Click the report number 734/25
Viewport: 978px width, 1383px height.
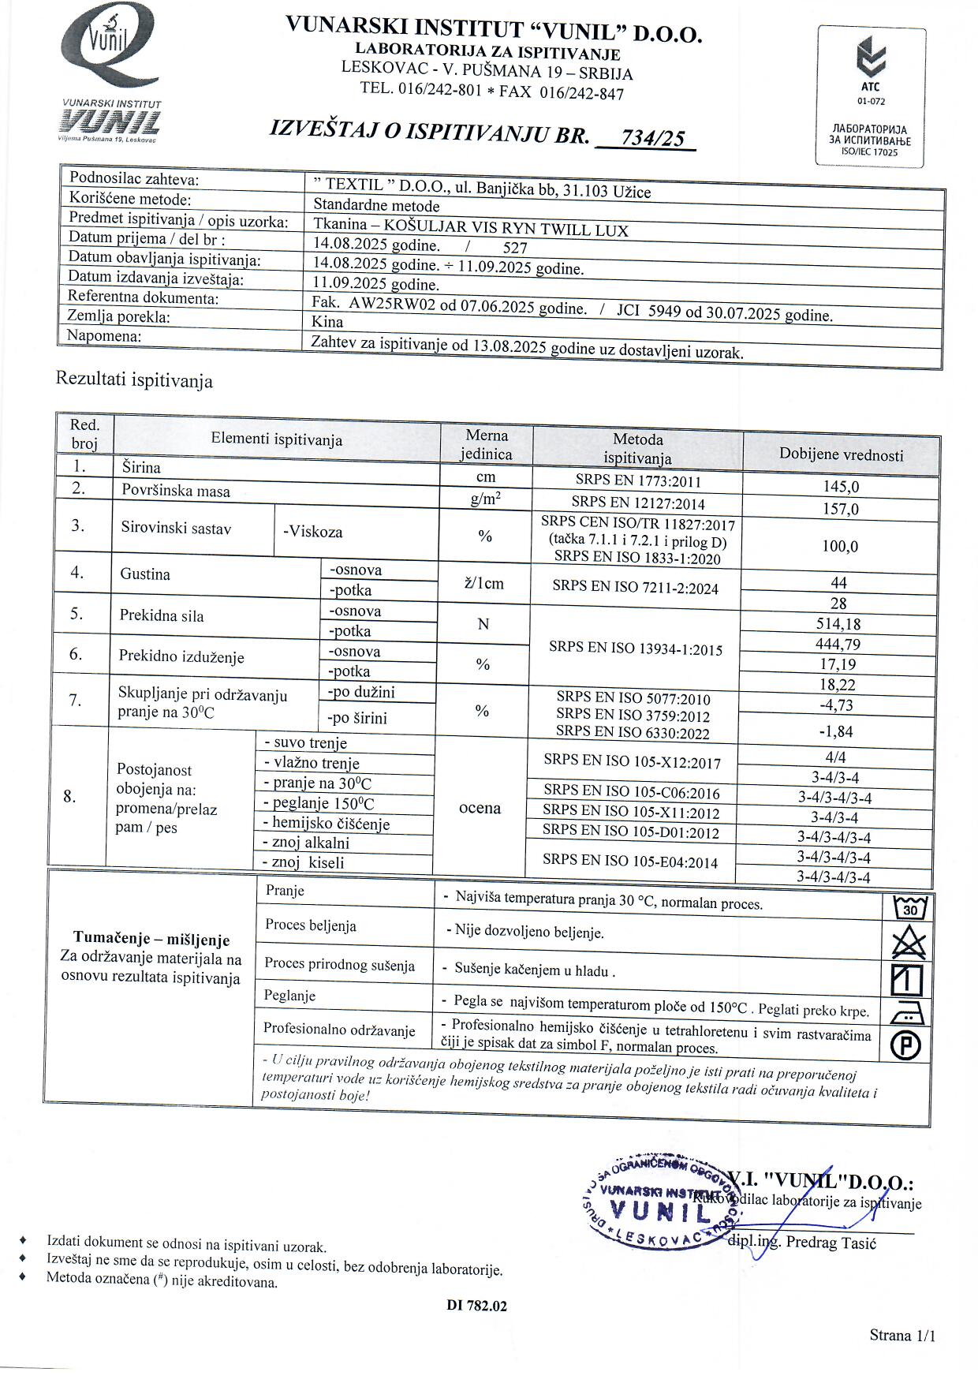tap(652, 138)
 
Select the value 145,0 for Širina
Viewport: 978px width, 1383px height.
tap(841, 488)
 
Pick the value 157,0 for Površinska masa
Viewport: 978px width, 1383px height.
tap(841, 509)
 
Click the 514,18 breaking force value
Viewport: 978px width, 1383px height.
tap(839, 624)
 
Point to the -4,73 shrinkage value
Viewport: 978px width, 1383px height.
tap(837, 705)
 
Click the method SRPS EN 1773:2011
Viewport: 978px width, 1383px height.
tap(637, 481)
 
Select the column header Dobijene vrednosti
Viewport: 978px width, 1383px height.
tap(841, 454)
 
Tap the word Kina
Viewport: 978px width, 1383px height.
tap(328, 321)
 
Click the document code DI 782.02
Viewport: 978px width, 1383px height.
tap(477, 1306)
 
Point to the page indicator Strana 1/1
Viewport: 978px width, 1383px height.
tap(902, 1335)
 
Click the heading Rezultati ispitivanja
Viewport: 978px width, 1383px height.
tap(134, 380)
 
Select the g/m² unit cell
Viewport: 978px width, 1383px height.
tap(486, 499)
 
